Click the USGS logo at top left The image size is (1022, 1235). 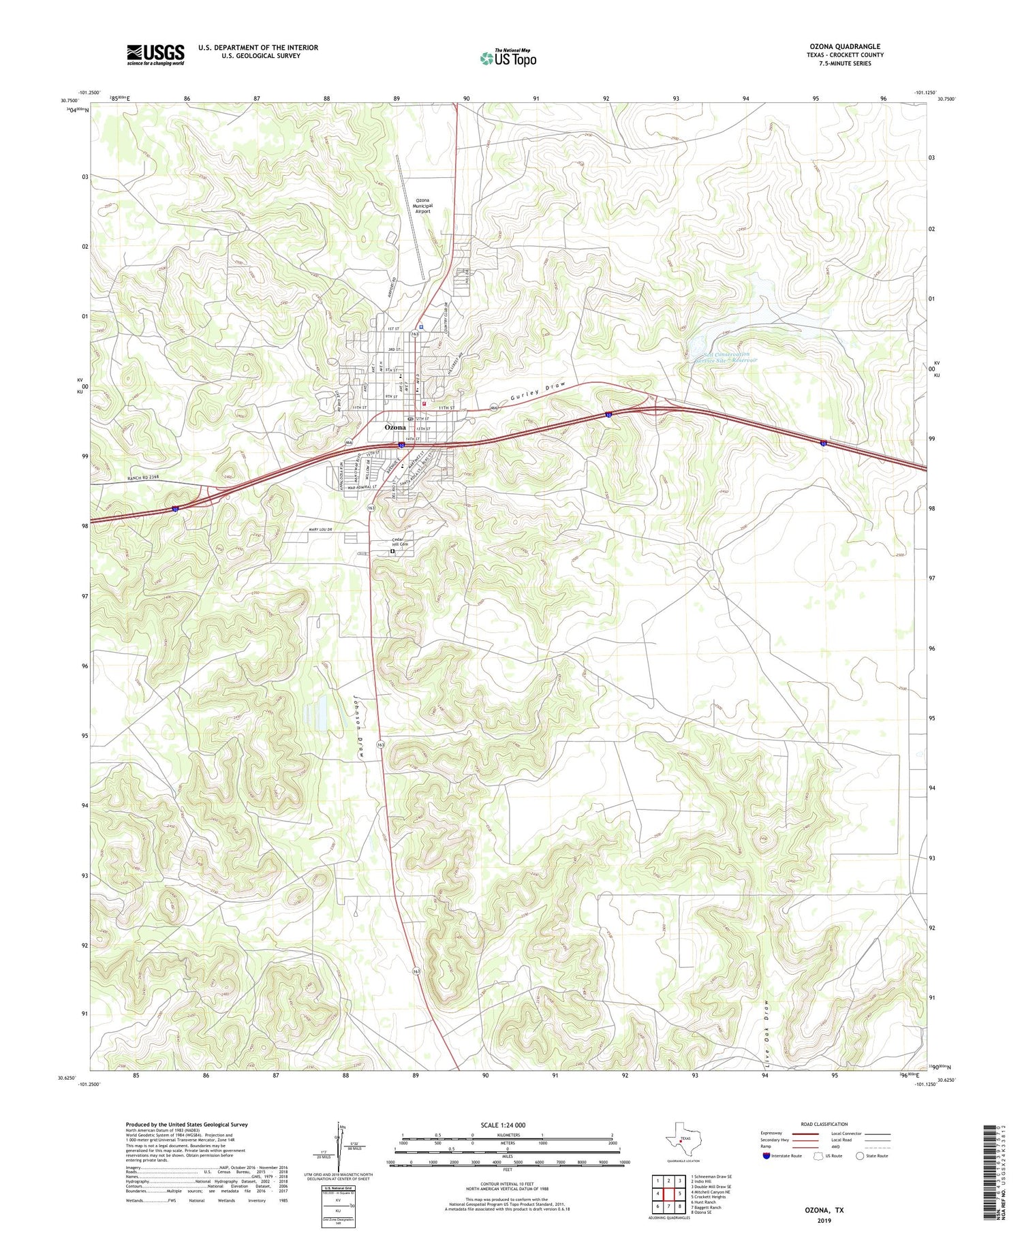[155, 54]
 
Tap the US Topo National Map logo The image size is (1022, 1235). [508, 59]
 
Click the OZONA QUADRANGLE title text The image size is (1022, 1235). [844, 46]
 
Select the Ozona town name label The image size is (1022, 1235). [395, 427]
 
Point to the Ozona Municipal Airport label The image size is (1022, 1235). [423, 206]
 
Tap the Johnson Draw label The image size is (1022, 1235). [357, 726]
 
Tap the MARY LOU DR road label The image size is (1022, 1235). [315, 530]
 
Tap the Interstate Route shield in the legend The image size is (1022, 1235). [767, 1156]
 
